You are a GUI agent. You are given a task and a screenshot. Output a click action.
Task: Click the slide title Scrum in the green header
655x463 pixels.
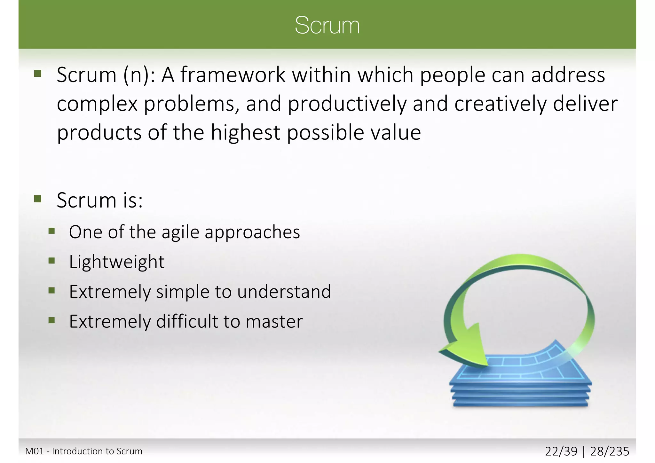[327, 25]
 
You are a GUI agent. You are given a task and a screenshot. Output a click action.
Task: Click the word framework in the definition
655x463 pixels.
[233, 75]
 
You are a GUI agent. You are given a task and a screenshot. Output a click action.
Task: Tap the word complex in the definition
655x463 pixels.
[97, 104]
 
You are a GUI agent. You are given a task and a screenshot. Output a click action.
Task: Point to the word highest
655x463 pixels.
[245, 133]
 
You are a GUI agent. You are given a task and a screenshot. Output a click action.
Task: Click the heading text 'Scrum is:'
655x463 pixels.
[99, 201]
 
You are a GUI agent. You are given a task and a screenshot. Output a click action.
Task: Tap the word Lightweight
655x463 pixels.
[117, 262]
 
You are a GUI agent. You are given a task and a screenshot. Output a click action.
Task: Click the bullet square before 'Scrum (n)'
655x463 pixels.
[38, 74]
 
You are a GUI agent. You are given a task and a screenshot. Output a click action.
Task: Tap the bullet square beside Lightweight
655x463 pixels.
[52, 261]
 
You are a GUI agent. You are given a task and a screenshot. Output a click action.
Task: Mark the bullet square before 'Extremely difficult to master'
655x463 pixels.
[52, 320]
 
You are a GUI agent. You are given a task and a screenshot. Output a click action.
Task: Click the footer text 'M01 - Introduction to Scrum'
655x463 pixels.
[84, 451]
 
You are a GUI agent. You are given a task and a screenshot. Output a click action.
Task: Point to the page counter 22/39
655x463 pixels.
[561, 451]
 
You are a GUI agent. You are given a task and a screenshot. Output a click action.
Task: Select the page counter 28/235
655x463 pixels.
[610, 451]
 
